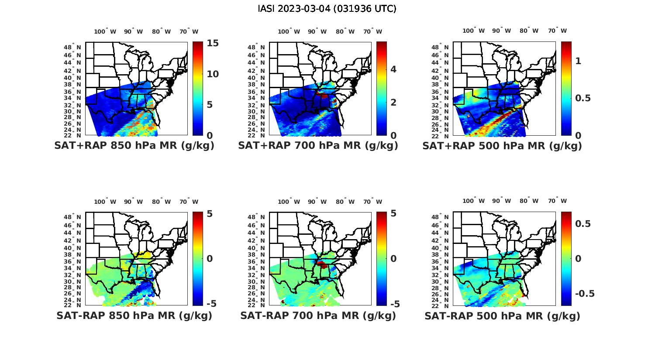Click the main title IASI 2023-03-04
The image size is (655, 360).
coord(327,9)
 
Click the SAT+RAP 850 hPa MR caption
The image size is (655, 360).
coord(134,146)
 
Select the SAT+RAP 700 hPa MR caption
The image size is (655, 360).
coord(318,146)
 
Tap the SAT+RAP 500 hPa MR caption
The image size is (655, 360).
coord(502,146)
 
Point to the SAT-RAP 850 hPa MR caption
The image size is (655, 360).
coord(134,315)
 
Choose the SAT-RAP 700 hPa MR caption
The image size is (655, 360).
coord(318,315)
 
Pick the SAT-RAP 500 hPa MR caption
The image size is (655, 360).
coord(502,316)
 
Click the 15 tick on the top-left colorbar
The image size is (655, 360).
coord(213,43)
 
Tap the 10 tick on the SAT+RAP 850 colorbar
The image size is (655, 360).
coord(213,74)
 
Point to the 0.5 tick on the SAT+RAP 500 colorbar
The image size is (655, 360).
coord(583,98)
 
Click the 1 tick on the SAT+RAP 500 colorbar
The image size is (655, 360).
coord(579,61)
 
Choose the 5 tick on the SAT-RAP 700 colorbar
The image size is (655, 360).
coord(393,213)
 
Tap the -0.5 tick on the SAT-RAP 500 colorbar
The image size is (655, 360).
coord(585,293)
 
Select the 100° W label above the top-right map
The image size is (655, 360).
coord(474,31)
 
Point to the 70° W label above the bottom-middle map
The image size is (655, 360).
coord(372,202)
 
